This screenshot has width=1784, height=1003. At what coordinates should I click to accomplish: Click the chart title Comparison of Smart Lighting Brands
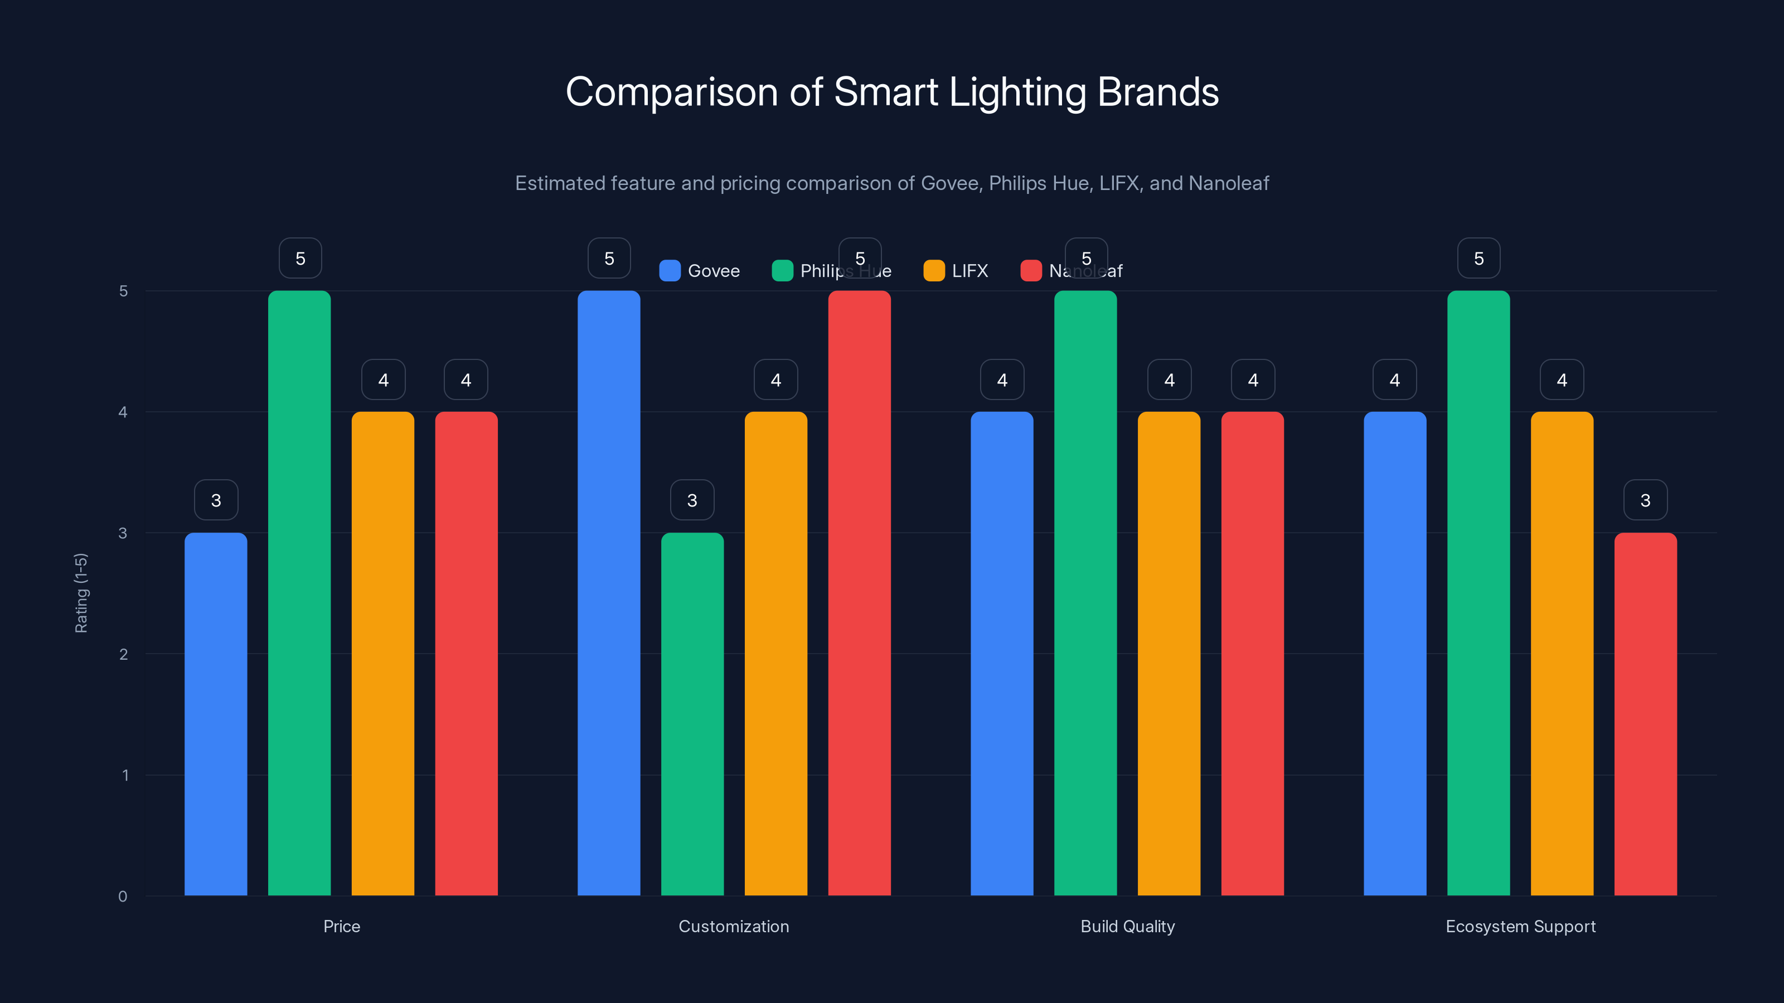click(892, 92)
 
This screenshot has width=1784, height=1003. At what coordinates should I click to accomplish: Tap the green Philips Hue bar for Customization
click(692, 713)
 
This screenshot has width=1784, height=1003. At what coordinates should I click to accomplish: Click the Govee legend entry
click(700, 271)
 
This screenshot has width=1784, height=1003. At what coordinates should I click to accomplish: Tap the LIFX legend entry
click(956, 271)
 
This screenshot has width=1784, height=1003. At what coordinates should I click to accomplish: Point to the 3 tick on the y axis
click(123, 533)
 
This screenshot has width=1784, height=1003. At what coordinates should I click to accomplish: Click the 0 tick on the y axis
click(123, 897)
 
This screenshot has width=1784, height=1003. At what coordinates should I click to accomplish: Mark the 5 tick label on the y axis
click(123, 291)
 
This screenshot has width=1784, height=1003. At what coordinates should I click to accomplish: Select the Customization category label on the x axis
click(734, 926)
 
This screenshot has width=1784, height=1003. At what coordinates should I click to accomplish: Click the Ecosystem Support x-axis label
click(1520, 926)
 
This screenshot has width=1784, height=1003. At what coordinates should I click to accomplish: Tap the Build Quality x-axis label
click(1127, 926)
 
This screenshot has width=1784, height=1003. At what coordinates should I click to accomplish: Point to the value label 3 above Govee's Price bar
click(216, 500)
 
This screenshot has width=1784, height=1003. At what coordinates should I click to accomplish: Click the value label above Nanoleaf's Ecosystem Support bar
click(1646, 500)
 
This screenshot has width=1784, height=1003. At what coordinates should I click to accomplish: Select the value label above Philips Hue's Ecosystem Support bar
click(1478, 258)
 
